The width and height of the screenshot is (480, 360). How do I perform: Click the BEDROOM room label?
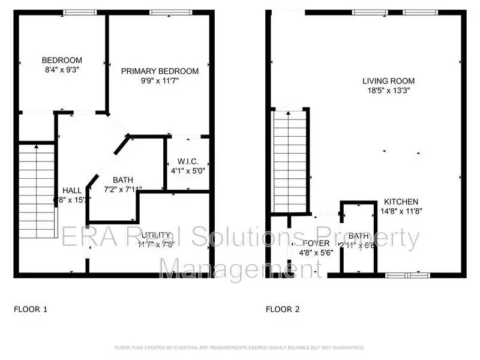[x=62, y=60]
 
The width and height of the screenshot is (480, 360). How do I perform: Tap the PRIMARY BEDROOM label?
[x=160, y=71]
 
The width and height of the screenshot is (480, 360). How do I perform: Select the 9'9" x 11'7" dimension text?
[x=160, y=81]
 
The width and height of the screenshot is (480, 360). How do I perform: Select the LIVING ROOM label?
[x=388, y=80]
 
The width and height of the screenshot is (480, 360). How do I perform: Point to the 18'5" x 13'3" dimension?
[x=388, y=91]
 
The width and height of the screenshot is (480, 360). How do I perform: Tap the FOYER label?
[x=316, y=243]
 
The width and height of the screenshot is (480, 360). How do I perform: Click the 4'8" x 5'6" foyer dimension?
[x=316, y=253]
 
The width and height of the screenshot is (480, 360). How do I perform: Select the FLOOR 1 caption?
[x=30, y=310]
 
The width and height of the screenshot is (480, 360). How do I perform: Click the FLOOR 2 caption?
[x=283, y=310]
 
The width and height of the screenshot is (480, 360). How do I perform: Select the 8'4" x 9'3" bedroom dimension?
[x=62, y=70]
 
